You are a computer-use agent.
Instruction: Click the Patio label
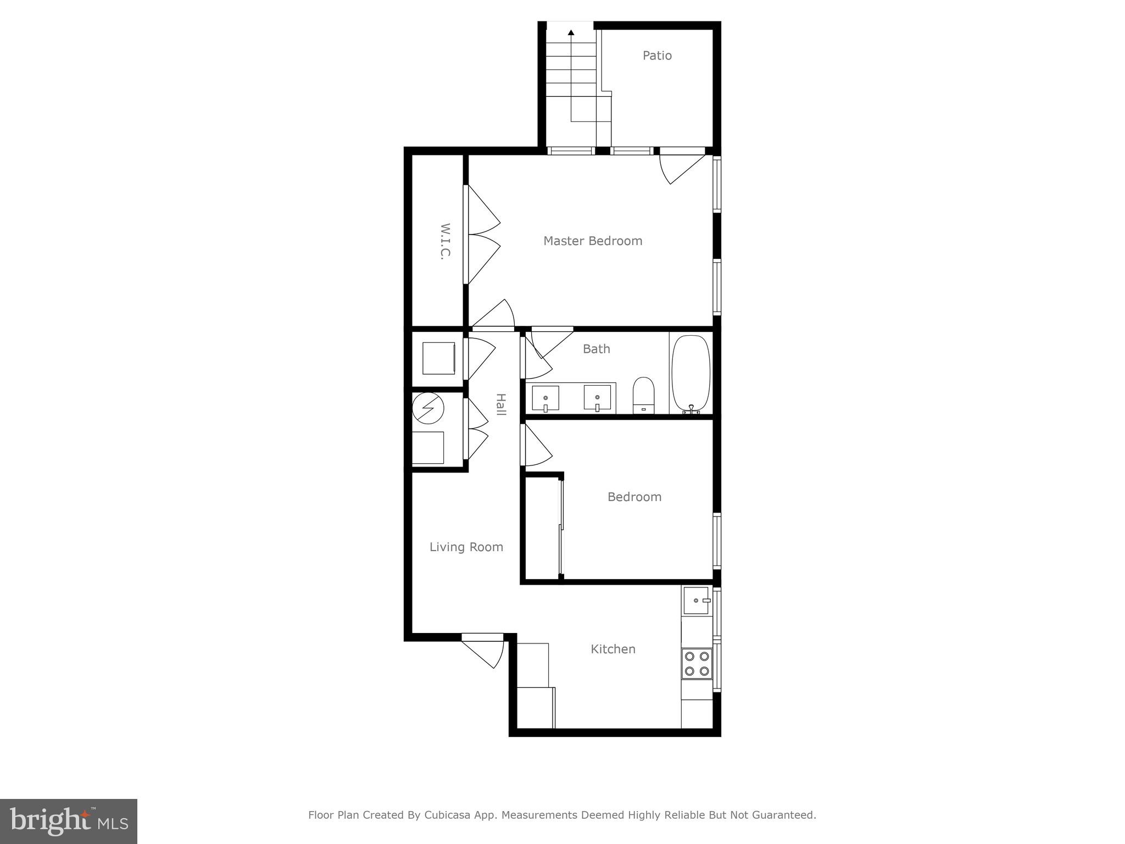click(x=657, y=55)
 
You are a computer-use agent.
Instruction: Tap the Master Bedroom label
click(x=592, y=241)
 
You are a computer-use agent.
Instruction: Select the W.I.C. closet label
click(x=445, y=241)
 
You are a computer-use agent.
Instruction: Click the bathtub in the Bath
click(x=690, y=373)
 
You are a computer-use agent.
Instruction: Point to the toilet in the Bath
click(x=643, y=394)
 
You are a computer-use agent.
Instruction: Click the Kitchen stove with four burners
click(x=697, y=663)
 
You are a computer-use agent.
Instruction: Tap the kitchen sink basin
click(x=695, y=600)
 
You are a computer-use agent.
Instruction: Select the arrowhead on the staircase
click(x=571, y=33)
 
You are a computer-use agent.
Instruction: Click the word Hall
click(x=500, y=404)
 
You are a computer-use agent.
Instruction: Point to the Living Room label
click(x=466, y=547)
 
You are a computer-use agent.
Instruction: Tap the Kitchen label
click(x=612, y=649)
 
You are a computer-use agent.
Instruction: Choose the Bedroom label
click(x=634, y=497)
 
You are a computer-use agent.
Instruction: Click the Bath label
click(x=596, y=349)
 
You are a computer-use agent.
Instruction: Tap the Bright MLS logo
click(x=68, y=821)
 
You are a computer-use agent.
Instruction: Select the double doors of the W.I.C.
click(x=482, y=235)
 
